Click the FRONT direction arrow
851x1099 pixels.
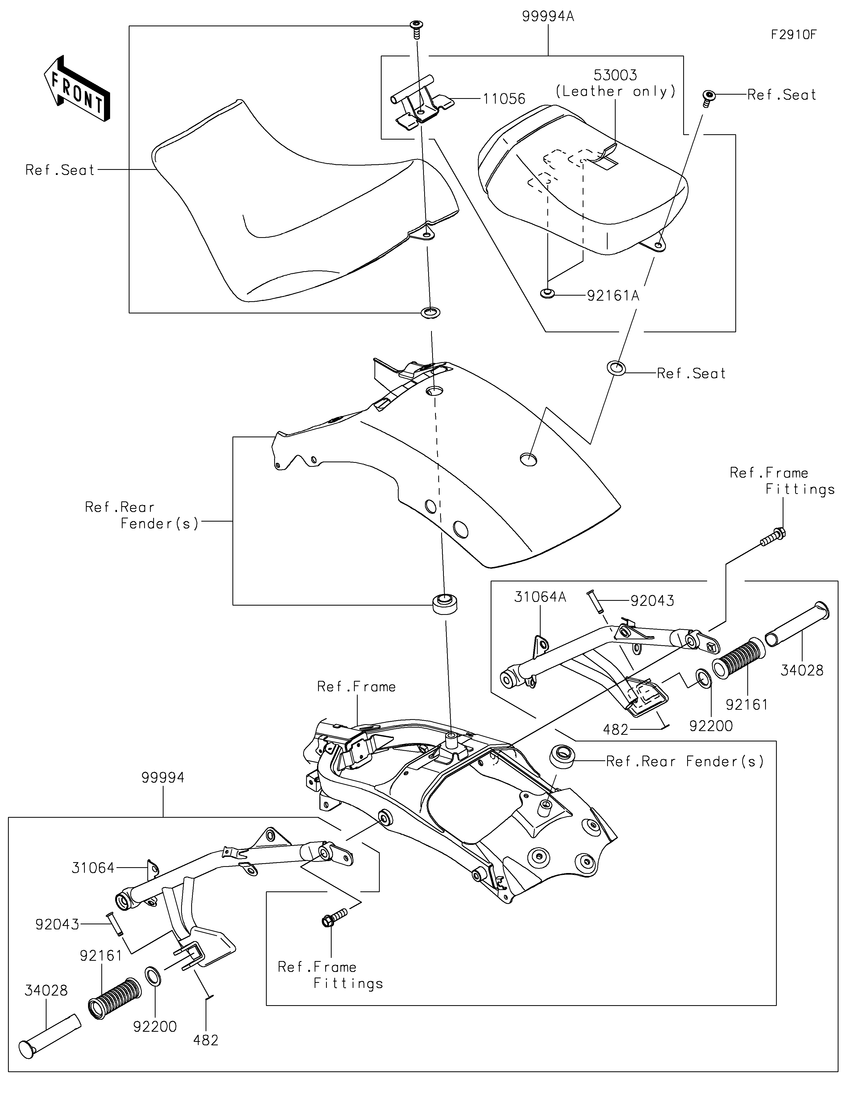coord(77,89)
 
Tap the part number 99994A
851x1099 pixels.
coord(548,16)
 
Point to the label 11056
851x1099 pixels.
coord(504,99)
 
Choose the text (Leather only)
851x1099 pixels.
coord(615,91)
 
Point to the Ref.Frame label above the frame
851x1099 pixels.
coord(356,687)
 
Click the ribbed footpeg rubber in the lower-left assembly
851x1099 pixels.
coord(115,998)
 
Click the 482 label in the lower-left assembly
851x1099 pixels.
coord(206,1040)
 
